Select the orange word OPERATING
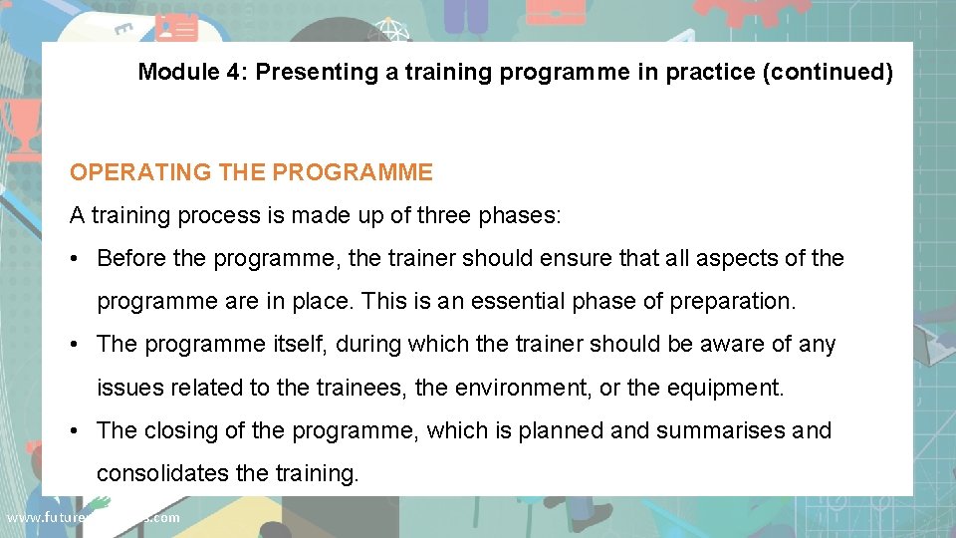tap(140, 172)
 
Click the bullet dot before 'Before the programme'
tap(76, 259)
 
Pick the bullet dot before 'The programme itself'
tap(76, 345)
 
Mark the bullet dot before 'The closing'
tap(76, 431)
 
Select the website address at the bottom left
tap(93, 517)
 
